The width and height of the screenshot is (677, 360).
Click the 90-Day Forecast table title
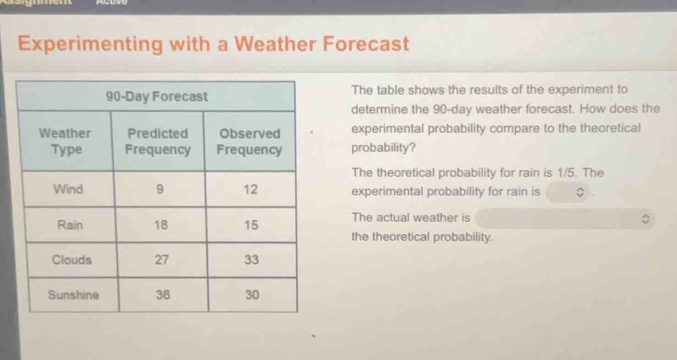[x=157, y=97]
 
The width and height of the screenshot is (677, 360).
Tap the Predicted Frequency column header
[x=158, y=141]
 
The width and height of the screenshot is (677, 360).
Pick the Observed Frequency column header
[x=249, y=141]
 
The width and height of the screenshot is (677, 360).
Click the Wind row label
[x=68, y=189]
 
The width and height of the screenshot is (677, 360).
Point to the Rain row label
[x=70, y=225]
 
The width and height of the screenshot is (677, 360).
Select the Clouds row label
[x=72, y=260]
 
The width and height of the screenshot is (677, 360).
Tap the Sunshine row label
[x=73, y=295]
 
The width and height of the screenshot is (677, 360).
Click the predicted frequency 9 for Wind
[x=160, y=189]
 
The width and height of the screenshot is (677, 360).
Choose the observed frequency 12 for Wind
[x=250, y=189]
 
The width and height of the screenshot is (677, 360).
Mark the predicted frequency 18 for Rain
[x=160, y=225]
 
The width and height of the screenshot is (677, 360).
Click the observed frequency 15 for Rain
[x=251, y=225]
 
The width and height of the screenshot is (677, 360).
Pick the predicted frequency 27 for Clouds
[x=161, y=260]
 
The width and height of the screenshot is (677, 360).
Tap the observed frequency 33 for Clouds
[x=252, y=260]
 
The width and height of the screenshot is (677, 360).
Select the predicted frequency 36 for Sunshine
[x=163, y=295]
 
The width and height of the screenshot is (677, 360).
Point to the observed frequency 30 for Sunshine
[x=252, y=295]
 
